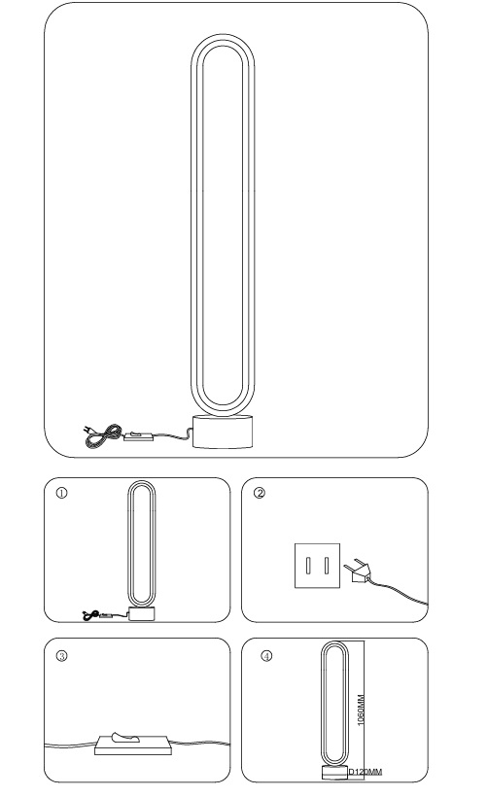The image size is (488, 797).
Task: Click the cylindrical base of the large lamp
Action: pos(223,432)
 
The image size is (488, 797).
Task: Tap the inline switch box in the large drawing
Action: pos(138,435)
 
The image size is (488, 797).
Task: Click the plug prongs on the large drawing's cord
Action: pos(87,431)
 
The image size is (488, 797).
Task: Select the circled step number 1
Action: pos(61,493)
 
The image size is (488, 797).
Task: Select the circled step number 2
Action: pos(260,493)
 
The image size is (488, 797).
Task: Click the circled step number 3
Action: pos(61,656)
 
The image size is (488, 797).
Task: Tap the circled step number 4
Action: pos(266,656)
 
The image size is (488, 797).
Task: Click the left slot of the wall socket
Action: pos(308,566)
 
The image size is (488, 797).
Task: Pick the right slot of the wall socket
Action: pos(327,566)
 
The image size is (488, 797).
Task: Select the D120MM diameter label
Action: pos(365,772)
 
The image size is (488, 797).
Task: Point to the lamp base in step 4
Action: pos(334,772)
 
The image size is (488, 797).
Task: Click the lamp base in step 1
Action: pos(142,613)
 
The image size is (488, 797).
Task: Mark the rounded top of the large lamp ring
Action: pos(223,36)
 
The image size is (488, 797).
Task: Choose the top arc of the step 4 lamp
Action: pos(334,641)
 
